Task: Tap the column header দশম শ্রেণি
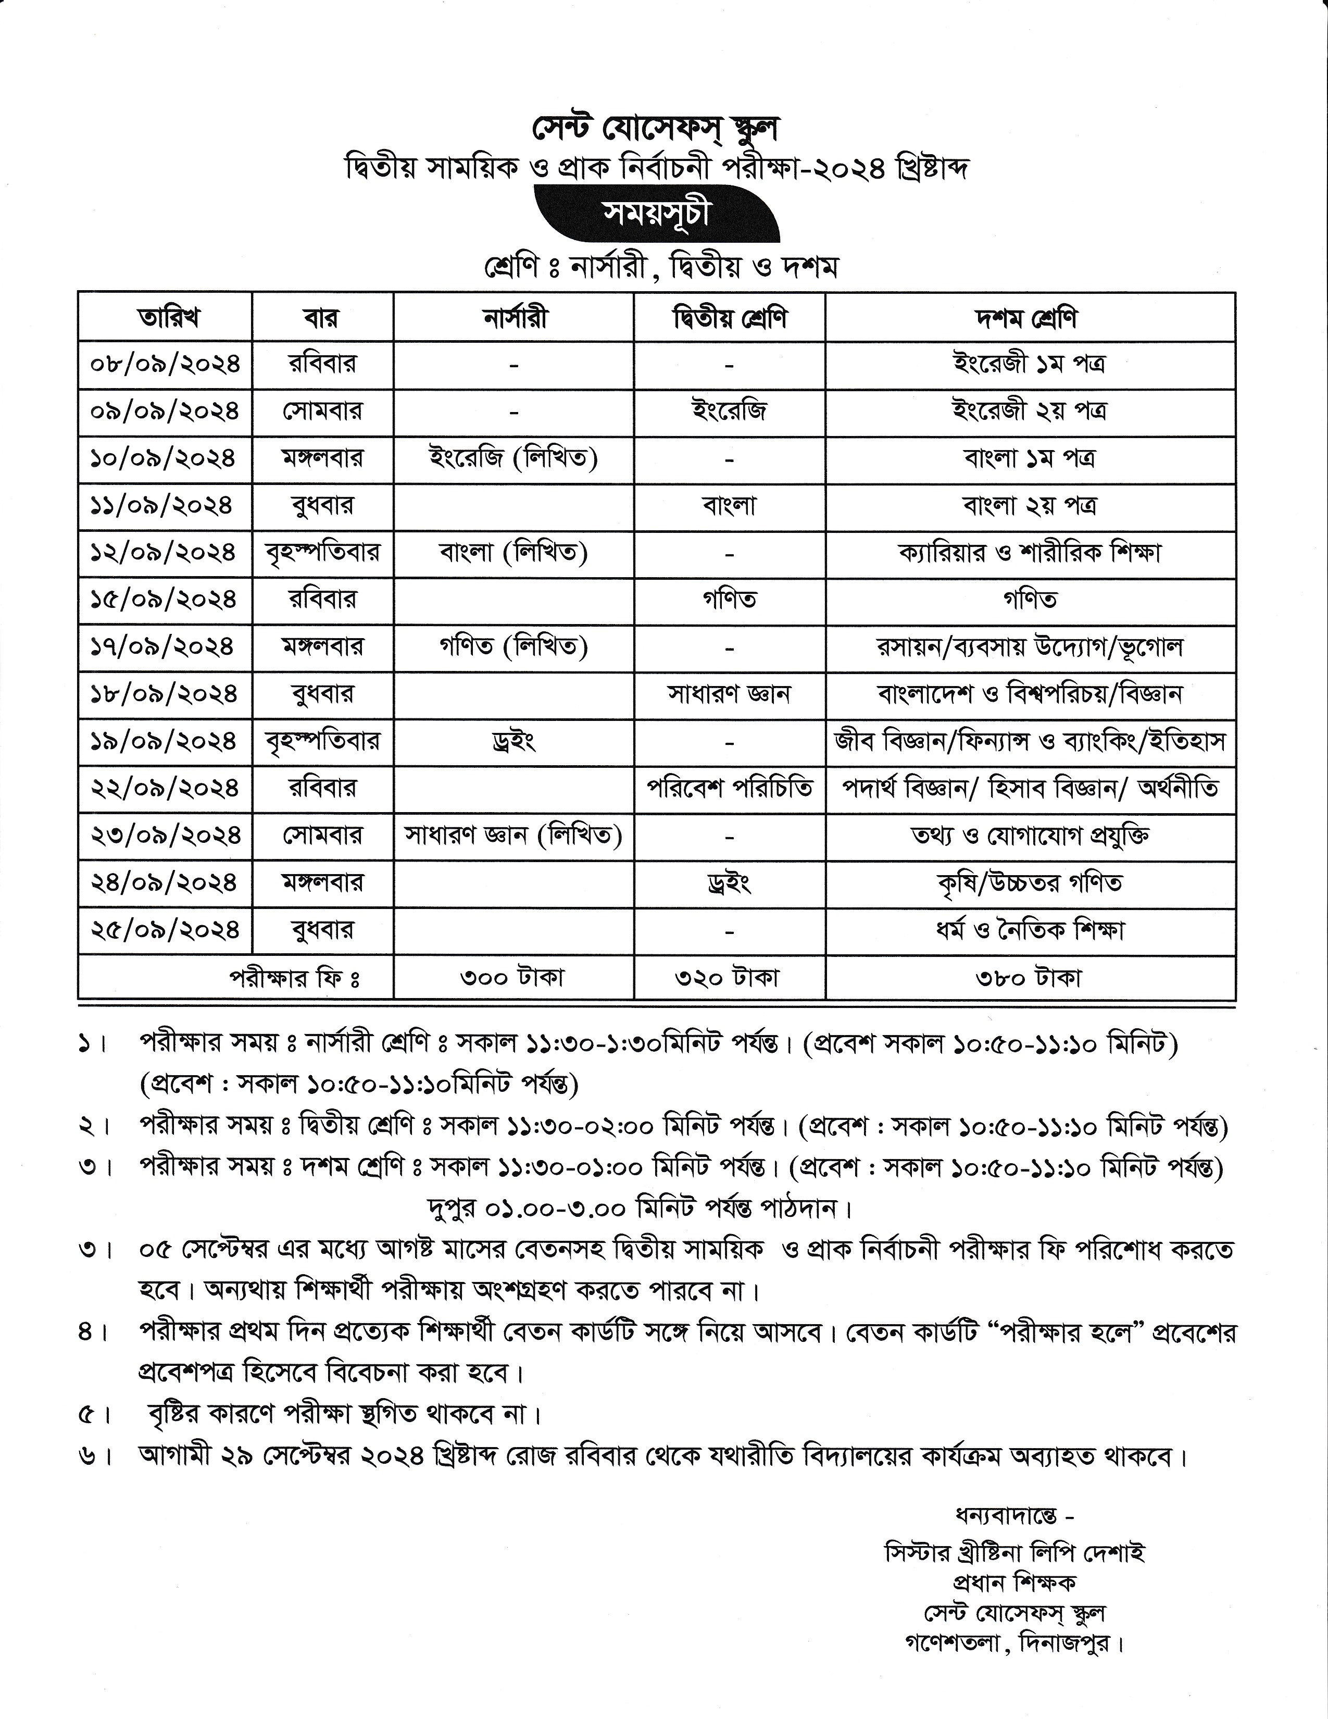tap(1029, 318)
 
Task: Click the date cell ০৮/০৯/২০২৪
tap(165, 365)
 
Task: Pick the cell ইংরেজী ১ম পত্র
tap(1029, 365)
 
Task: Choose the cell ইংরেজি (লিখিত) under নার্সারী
tap(513, 458)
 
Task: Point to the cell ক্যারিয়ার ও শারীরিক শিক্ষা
tap(1029, 553)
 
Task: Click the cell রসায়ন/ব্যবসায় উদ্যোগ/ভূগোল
tap(1029, 647)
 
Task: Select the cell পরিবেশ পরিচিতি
tap(729, 788)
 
